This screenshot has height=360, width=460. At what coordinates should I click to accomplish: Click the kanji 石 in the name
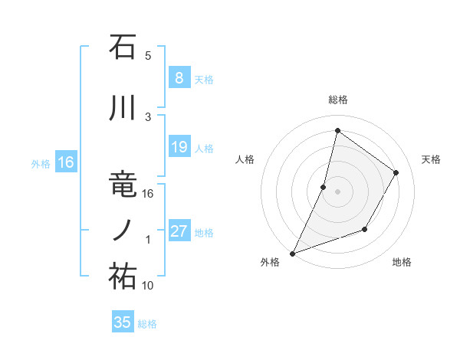[x=123, y=47]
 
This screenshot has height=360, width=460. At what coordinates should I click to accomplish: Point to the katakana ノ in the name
[x=123, y=231]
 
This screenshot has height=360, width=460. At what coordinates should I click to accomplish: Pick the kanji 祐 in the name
[x=123, y=277]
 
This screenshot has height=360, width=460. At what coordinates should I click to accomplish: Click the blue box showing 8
[x=179, y=77]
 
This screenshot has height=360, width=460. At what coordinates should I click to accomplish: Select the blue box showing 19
[x=179, y=147]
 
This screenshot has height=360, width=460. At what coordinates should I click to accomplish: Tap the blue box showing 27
[x=179, y=232]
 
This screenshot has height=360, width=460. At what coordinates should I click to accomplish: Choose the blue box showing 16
[x=66, y=162]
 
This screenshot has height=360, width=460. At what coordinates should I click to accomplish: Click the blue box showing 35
[x=123, y=322]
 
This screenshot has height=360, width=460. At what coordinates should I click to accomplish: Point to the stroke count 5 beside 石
[x=148, y=55]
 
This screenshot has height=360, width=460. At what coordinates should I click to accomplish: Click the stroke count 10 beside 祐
[x=148, y=286]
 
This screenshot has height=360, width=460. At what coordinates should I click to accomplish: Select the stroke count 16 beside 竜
[x=148, y=194]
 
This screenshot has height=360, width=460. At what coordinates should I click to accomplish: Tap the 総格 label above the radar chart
[x=337, y=100]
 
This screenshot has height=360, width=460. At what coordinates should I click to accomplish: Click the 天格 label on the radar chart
[x=432, y=159]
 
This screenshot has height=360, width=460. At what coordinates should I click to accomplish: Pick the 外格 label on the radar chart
[x=270, y=262]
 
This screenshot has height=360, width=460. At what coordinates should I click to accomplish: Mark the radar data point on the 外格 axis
[x=292, y=253]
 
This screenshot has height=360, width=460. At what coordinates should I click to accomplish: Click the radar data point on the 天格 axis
[x=396, y=172]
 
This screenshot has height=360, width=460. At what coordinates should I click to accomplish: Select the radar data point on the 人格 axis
[x=324, y=187]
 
